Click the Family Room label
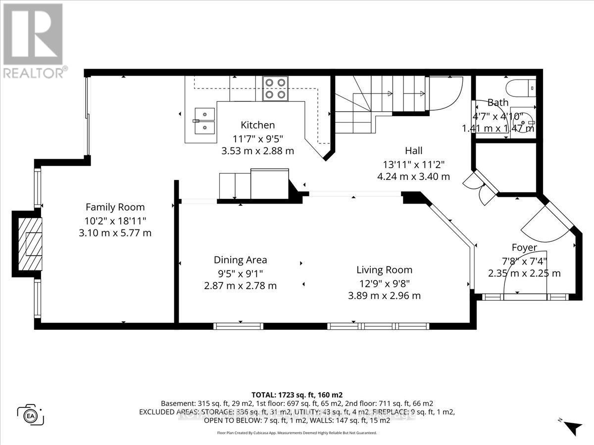click(115, 207)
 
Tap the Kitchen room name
click(257, 125)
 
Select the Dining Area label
click(240, 260)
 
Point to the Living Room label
click(384, 270)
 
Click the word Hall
click(413, 151)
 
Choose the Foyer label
click(524, 247)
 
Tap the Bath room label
click(497, 103)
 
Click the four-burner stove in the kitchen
click(275, 89)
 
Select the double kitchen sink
click(204, 121)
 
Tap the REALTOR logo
click(33, 40)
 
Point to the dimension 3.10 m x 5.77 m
click(115, 232)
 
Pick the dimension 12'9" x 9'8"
click(384, 283)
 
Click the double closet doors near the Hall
click(478, 187)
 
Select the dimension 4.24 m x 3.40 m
click(413, 176)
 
